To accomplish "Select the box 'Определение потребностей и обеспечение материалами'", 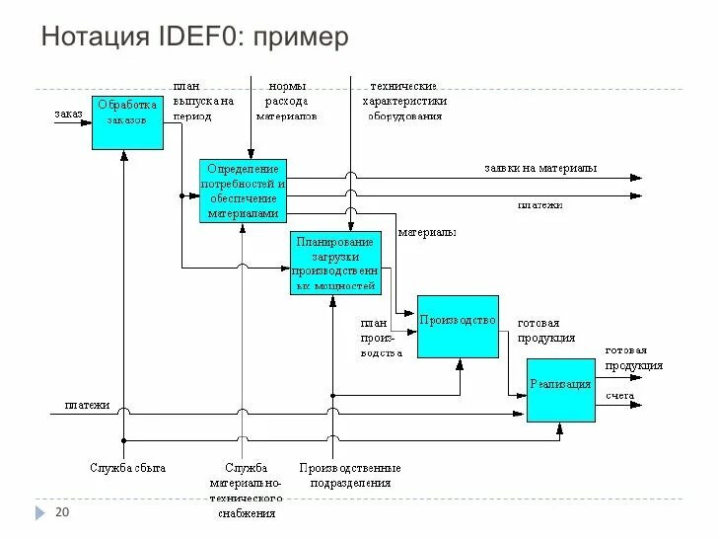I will (x=243, y=191).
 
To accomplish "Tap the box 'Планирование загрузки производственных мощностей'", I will (x=335, y=264).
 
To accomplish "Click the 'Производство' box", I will (x=457, y=327).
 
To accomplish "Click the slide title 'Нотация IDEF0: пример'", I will (x=195, y=38).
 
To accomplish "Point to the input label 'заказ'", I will (x=68, y=114).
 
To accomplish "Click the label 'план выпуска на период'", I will (x=202, y=101).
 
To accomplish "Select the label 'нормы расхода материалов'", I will (x=287, y=101).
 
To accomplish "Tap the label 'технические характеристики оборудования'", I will (x=404, y=101).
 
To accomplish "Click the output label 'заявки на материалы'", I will (x=539, y=168).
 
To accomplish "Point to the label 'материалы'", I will (x=426, y=233).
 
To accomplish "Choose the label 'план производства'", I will (x=379, y=337).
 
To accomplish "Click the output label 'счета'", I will (x=619, y=395).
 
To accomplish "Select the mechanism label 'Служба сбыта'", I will (x=127, y=467).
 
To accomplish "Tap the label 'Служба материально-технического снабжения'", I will (x=246, y=490).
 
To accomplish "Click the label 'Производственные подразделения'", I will (x=350, y=475).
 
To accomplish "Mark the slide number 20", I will (x=62, y=512).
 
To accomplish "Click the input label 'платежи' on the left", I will (x=87, y=404).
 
